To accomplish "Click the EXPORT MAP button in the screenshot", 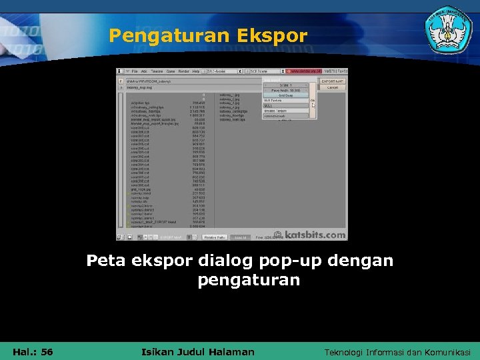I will click(x=333, y=81).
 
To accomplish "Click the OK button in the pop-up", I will click(x=313, y=101).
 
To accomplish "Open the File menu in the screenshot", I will click(x=134, y=71).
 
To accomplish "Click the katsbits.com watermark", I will click(x=311, y=234).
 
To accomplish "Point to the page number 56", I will click(x=47, y=351).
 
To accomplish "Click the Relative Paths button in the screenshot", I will click(x=214, y=237).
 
